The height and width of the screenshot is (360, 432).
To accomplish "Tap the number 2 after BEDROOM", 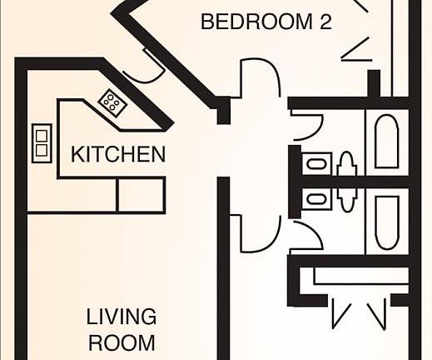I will tap(323, 22).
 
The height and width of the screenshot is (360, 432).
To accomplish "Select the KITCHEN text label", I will tap(117, 154).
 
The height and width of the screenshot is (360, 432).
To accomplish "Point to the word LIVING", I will tap(122, 317).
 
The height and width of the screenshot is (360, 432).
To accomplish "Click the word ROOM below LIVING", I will tap(122, 342).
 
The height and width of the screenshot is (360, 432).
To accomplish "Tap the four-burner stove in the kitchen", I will tap(112, 102).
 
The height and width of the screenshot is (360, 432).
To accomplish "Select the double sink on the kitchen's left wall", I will tap(42, 142).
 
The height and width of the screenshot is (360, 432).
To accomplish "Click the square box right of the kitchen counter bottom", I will tap(140, 196).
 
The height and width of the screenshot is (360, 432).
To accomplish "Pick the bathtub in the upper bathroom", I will tap(387, 142).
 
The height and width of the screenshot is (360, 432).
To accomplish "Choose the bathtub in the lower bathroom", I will tap(387, 222).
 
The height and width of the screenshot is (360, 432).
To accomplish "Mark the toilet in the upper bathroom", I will tap(348, 164).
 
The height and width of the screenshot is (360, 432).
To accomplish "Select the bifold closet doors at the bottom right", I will tap(358, 312).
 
